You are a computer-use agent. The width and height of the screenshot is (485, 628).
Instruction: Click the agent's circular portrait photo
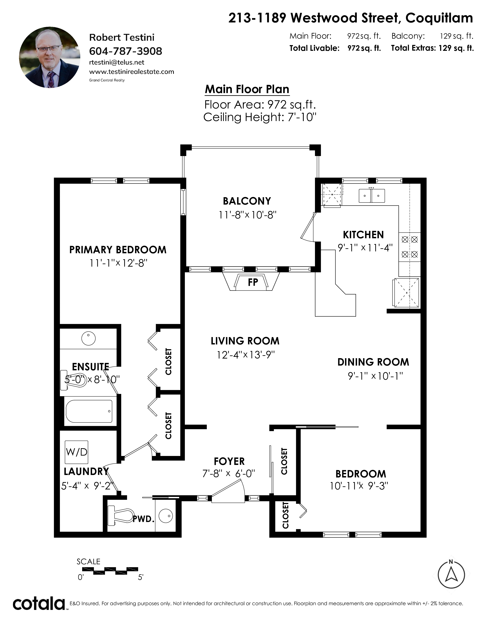[50, 57]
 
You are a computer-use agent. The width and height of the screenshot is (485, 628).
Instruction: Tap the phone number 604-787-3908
[126, 51]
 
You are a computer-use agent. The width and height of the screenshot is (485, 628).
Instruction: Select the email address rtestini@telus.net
[117, 62]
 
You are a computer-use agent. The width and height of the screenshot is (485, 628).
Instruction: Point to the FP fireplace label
[253, 282]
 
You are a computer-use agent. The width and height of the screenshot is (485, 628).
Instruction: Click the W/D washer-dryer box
[76, 452]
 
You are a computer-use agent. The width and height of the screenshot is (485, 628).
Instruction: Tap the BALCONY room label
[247, 201]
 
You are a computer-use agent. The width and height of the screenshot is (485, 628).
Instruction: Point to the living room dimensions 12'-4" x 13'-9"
[246, 355]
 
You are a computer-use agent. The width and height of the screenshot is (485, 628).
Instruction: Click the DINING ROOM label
[373, 362]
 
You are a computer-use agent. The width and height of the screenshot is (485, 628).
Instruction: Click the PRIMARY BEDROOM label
[118, 250]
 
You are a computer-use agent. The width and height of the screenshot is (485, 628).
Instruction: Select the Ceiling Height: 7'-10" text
[260, 117]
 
